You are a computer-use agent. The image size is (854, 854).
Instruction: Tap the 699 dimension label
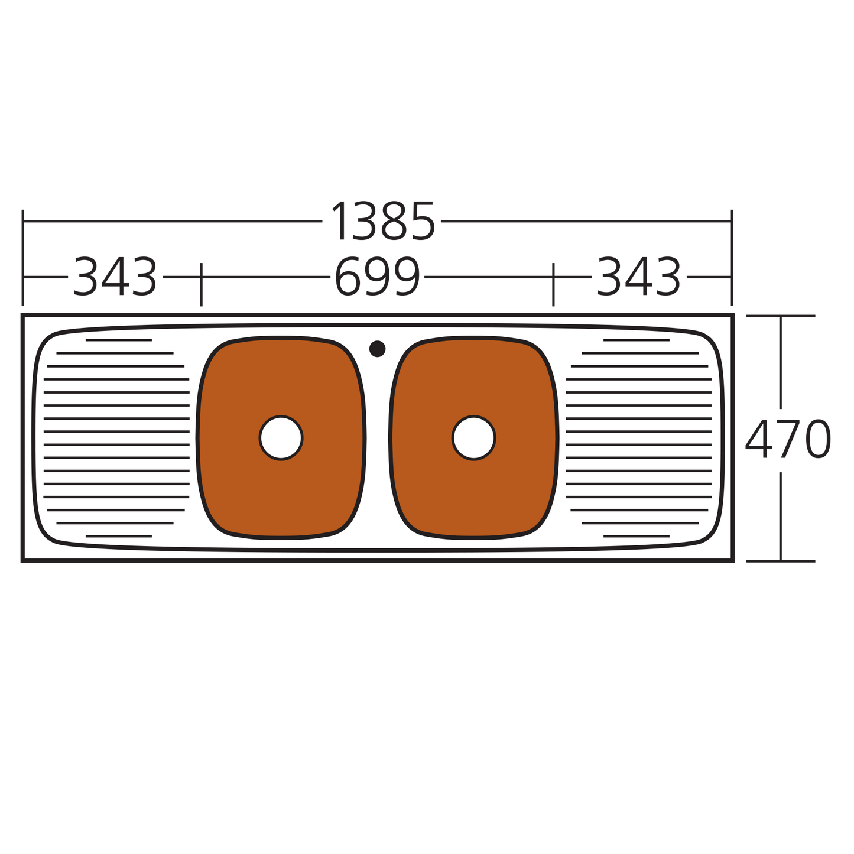[378, 277]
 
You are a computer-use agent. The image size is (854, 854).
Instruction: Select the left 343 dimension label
[115, 277]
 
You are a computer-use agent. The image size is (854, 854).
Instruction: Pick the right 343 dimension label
[639, 277]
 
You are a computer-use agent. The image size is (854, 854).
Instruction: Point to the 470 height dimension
[788, 439]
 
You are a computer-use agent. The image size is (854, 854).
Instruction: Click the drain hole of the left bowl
[281, 438]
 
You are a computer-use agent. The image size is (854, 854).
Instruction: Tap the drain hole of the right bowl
[474, 438]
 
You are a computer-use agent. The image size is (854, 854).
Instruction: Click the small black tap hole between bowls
[377, 349]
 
